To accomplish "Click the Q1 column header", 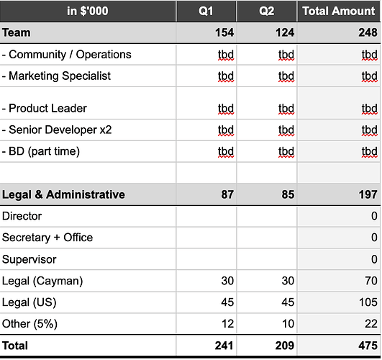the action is pyautogui.click(x=206, y=12).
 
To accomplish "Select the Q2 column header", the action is pyautogui.click(x=266, y=12).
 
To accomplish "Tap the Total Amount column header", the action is pyautogui.click(x=339, y=12).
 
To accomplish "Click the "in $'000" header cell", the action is pyautogui.click(x=88, y=12).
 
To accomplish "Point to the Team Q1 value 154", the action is pyautogui.click(x=224, y=32).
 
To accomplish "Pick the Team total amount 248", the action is pyautogui.click(x=368, y=32).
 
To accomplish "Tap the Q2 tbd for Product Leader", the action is pyautogui.click(x=286, y=109).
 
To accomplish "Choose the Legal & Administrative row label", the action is pyautogui.click(x=63, y=194).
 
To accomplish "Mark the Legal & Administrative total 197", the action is pyautogui.click(x=368, y=194).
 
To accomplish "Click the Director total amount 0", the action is pyautogui.click(x=374, y=216).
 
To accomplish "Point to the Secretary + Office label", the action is pyautogui.click(x=47, y=238).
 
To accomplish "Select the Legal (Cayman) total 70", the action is pyautogui.click(x=371, y=281).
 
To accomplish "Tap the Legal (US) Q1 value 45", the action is pyautogui.click(x=227, y=302).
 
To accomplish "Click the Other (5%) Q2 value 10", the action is pyautogui.click(x=288, y=324).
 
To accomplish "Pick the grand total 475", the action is pyautogui.click(x=368, y=346).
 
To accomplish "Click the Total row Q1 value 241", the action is pyautogui.click(x=224, y=346).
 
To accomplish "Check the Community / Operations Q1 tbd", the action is pyautogui.click(x=226, y=55).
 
